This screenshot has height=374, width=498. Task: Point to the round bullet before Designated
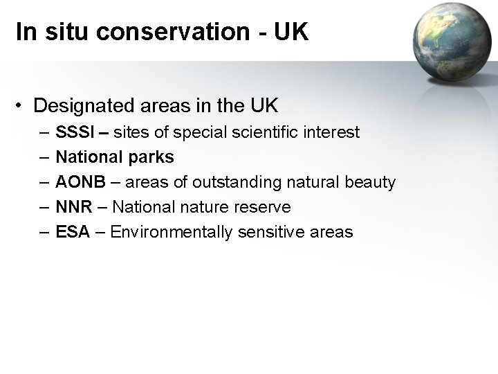coord(23,106)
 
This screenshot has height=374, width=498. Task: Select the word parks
coord(152,157)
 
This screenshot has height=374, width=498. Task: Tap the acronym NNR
coord(73,206)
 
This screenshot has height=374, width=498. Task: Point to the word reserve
coord(264,206)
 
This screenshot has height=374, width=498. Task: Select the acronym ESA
coord(72,231)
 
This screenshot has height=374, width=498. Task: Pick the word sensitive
coord(265,231)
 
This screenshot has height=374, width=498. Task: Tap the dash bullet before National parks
coord(44,157)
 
